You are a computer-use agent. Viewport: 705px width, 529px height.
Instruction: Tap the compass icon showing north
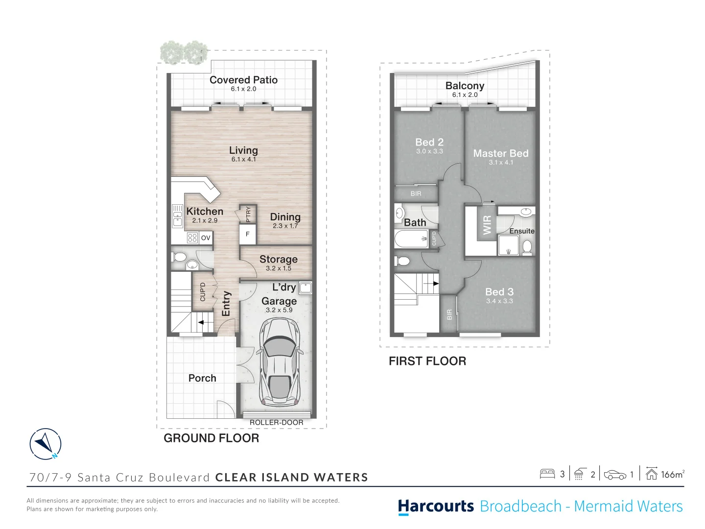pyautogui.click(x=46, y=444)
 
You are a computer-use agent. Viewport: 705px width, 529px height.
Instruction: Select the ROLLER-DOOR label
pyautogui.click(x=276, y=422)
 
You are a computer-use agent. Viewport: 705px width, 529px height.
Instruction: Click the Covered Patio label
pyautogui.click(x=243, y=80)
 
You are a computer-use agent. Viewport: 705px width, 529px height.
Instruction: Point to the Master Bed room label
pyautogui.click(x=500, y=153)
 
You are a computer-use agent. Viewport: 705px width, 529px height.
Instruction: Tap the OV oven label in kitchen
pyautogui.click(x=206, y=238)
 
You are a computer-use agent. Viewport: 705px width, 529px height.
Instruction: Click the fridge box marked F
pyautogui.click(x=248, y=234)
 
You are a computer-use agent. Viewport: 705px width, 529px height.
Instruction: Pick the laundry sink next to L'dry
pyautogui.click(x=305, y=288)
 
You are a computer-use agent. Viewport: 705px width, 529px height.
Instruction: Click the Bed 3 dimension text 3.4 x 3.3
pyautogui.click(x=499, y=301)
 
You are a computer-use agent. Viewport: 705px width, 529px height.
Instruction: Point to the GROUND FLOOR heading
pyautogui.click(x=211, y=438)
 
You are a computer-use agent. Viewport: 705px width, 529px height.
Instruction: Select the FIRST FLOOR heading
pyautogui.click(x=427, y=361)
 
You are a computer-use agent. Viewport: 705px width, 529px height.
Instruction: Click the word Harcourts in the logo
pyautogui.click(x=436, y=506)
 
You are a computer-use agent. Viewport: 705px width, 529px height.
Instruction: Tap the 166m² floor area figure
pyautogui.click(x=672, y=474)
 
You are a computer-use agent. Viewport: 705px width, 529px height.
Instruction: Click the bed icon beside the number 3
pyautogui.click(x=547, y=474)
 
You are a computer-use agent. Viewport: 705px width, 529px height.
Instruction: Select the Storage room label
pyautogui.click(x=278, y=259)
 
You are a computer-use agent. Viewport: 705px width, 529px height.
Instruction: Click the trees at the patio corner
pyautogui.click(x=184, y=52)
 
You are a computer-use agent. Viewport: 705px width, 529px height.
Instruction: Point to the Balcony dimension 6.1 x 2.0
pyautogui.click(x=465, y=95)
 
